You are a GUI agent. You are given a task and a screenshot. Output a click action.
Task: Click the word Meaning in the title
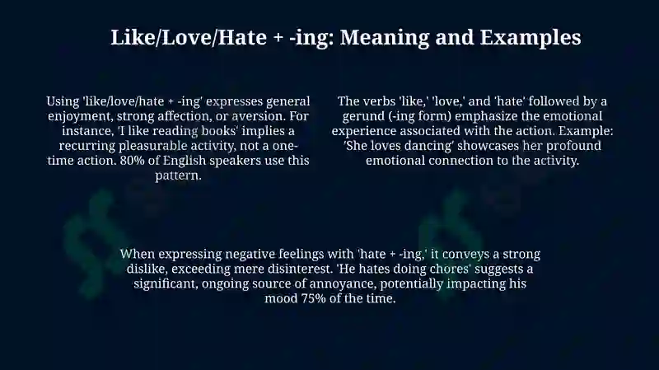pyautogui.click(x=384, y=38)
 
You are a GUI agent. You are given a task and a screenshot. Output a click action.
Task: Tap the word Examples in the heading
pyautogui.click(x=530, y=37)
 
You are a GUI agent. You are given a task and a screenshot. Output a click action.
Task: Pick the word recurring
pyautogui.click(x=87, y=146)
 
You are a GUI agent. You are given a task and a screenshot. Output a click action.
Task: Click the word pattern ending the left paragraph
pyautogui.click(x=178, y=176)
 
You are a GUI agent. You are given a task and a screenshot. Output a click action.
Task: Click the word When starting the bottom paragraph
pyautogui.click(x=137, y=254)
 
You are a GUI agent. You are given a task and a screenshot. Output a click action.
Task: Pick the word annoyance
pyautogui.click(x=343, y=283)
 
